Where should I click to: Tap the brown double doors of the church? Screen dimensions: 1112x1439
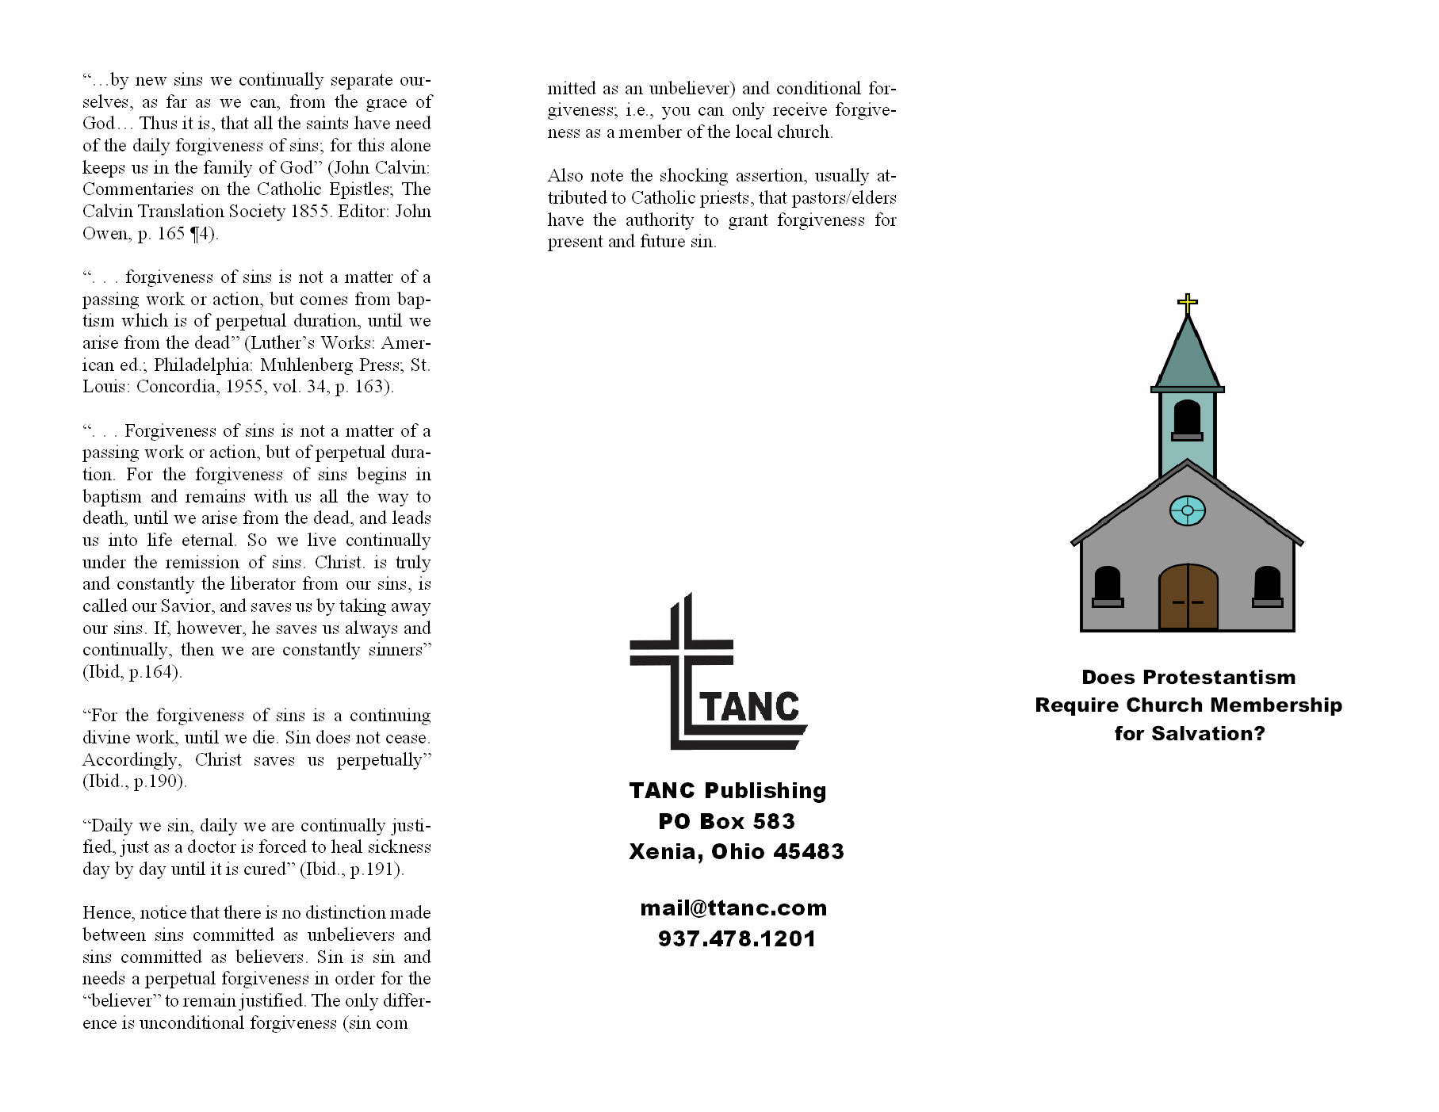(1188, 598)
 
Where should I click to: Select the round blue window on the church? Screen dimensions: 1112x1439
(1187, 510)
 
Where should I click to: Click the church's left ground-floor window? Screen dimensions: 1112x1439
(1107, 586)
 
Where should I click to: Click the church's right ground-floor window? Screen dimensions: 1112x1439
(1267, 586)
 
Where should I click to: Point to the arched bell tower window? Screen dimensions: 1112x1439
(1187, 418)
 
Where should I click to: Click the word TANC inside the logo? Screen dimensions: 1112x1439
(750, 707)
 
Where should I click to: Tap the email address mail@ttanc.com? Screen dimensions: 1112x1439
(733, 908)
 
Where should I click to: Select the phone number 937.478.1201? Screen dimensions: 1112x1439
(737, 939)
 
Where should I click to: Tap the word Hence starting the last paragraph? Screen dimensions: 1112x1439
(106, 913)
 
